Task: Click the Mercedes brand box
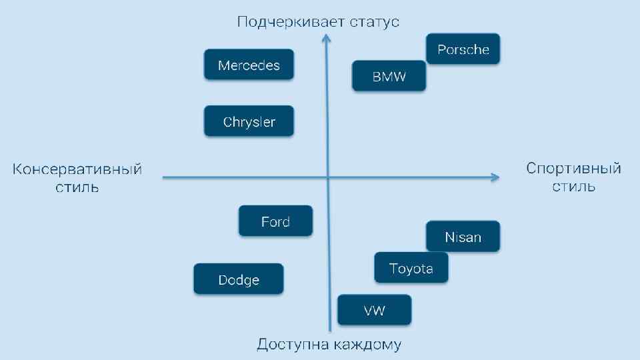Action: click(249, 65)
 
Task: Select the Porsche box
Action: click(463, 49)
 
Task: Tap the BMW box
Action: click(389, 76)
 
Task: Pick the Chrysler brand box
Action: click(249, 121)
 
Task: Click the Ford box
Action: click(275, 221)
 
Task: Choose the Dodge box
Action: click(239, 279)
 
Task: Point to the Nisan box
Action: click(463, 237)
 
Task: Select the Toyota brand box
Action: click(411, 268)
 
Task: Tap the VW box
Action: click(374, 310)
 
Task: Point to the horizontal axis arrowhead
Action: click(494, 177)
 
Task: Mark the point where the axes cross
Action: click(328, 177)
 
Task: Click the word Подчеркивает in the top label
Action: click(289, 22)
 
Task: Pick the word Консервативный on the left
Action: click(77, 169)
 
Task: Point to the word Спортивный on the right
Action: click(573, 168)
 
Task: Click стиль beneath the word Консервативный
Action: click(77, 187)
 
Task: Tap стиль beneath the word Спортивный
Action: click(573, 187)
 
